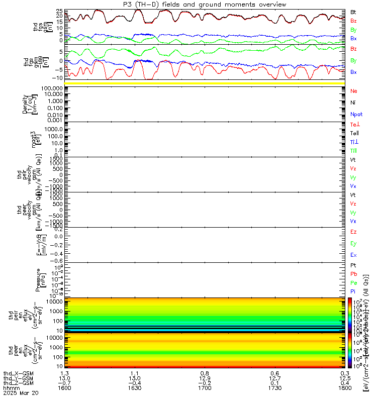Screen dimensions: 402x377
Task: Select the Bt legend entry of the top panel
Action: [x=353, y=12]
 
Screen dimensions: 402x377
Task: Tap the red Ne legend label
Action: [x=353, y=91]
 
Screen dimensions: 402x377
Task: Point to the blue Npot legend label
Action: [x=356, y=115]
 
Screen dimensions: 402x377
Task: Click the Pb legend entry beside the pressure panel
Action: [x=354, y=274]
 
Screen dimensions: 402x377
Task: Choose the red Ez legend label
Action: [x=353, y=232]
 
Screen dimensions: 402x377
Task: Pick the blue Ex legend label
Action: [x=353, y=255]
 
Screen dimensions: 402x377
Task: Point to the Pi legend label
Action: [x=353, y=291]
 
